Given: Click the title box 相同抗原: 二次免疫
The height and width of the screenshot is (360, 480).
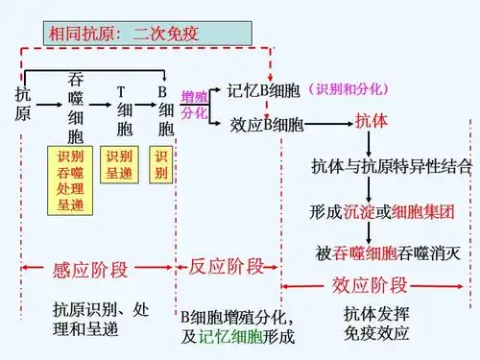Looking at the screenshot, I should tap(149, 33).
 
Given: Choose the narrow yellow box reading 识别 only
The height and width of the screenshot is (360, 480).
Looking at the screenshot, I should tap(160, 164).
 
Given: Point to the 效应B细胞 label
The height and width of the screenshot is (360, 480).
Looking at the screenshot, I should tap(267, 125).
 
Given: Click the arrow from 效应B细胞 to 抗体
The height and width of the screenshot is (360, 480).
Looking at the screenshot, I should tap(329, 125).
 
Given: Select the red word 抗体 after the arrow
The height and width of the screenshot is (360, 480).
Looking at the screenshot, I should tap(372, 123).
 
